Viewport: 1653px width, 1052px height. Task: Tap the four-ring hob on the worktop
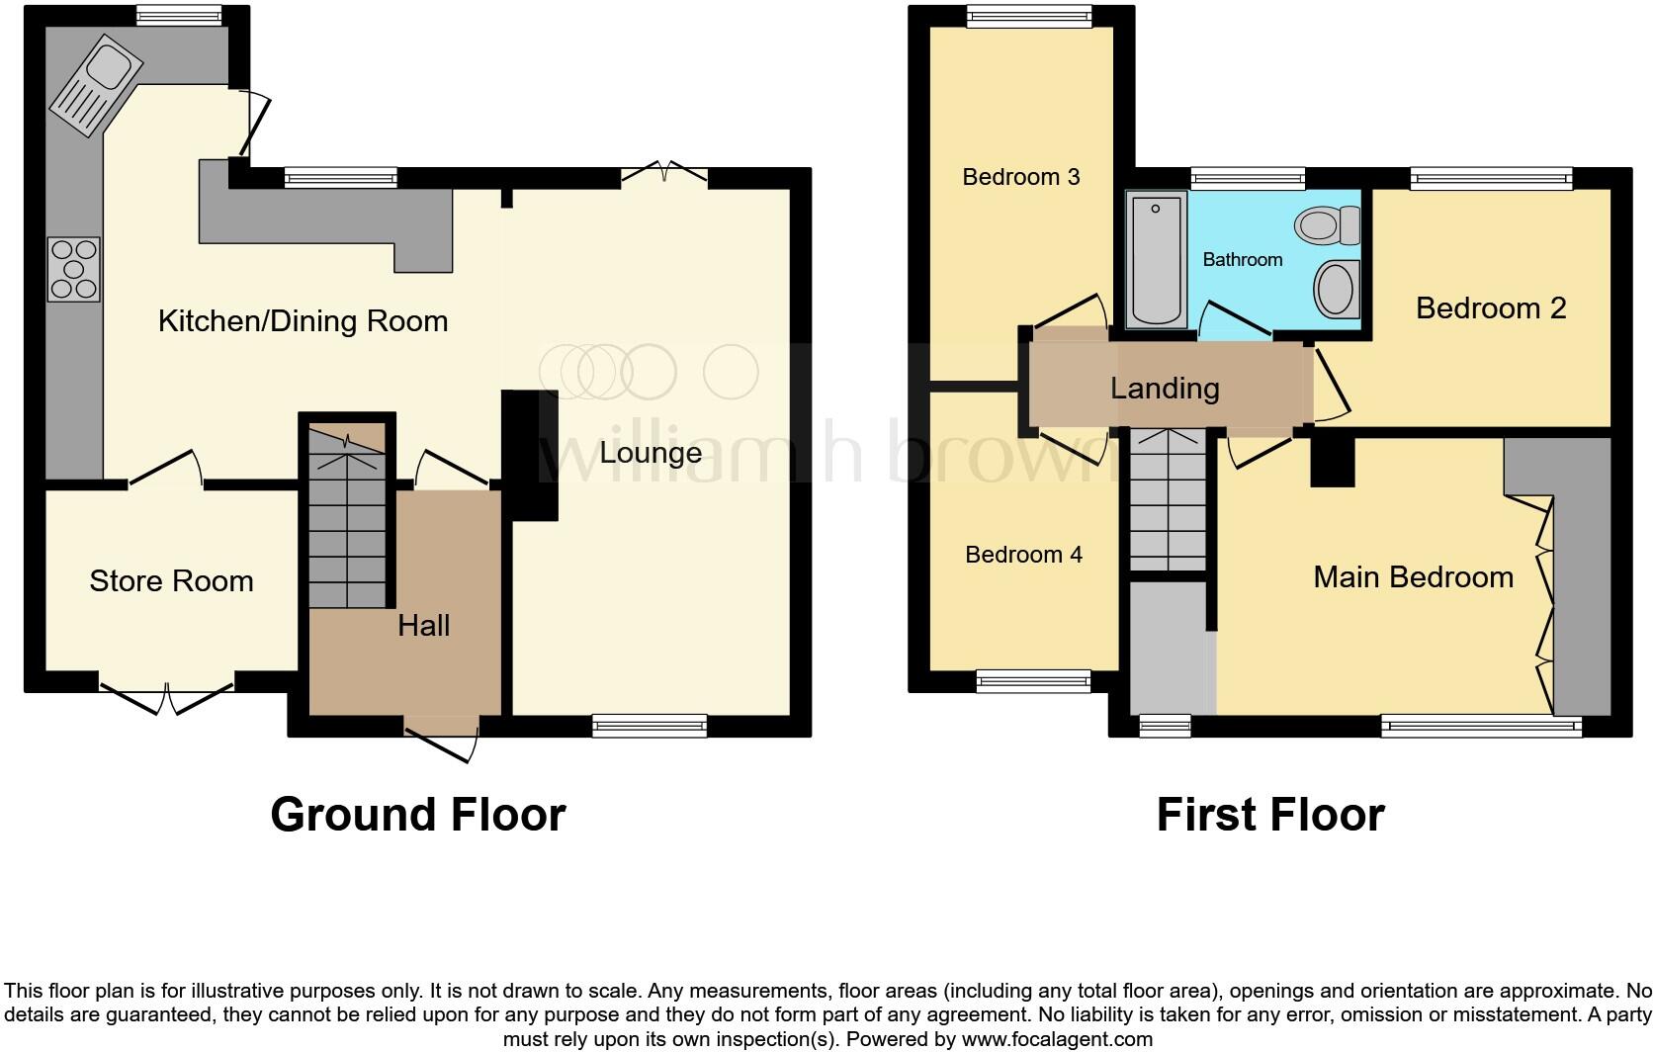point(74,269)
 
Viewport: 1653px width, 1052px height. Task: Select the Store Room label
point(171,580)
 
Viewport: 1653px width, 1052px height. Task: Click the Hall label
point(423,625)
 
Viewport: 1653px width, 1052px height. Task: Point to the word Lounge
point(651,453)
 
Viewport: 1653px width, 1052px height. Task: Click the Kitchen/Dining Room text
point(303,320)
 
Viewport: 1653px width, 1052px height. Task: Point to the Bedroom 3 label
point(1020,177)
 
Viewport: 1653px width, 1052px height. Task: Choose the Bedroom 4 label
point(1023,555)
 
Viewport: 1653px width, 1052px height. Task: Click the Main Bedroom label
point(1413,576)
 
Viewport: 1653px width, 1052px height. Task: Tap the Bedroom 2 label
point(1490,307)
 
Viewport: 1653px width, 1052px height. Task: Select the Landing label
point(1164,388)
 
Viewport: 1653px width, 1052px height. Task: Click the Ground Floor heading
point(417,815)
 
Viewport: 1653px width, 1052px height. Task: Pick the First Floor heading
point(1269,815)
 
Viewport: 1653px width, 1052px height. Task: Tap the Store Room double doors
point(166,692)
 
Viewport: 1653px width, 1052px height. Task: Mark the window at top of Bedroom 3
point(1028,15)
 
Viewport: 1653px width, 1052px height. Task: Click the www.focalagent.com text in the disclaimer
point(1056,1039)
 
